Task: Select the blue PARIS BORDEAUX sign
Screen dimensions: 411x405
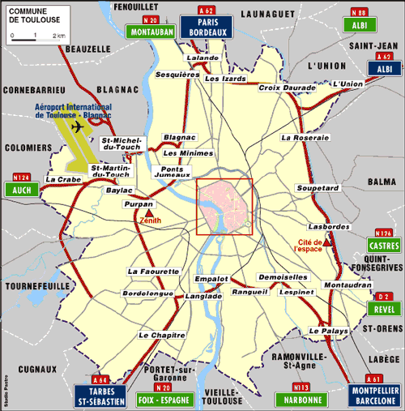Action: point(206,28)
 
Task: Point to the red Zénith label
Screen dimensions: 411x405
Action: point(151,219)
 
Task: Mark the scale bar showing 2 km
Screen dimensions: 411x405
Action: point(36,36)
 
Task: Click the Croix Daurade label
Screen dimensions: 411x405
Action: point(282,87)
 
